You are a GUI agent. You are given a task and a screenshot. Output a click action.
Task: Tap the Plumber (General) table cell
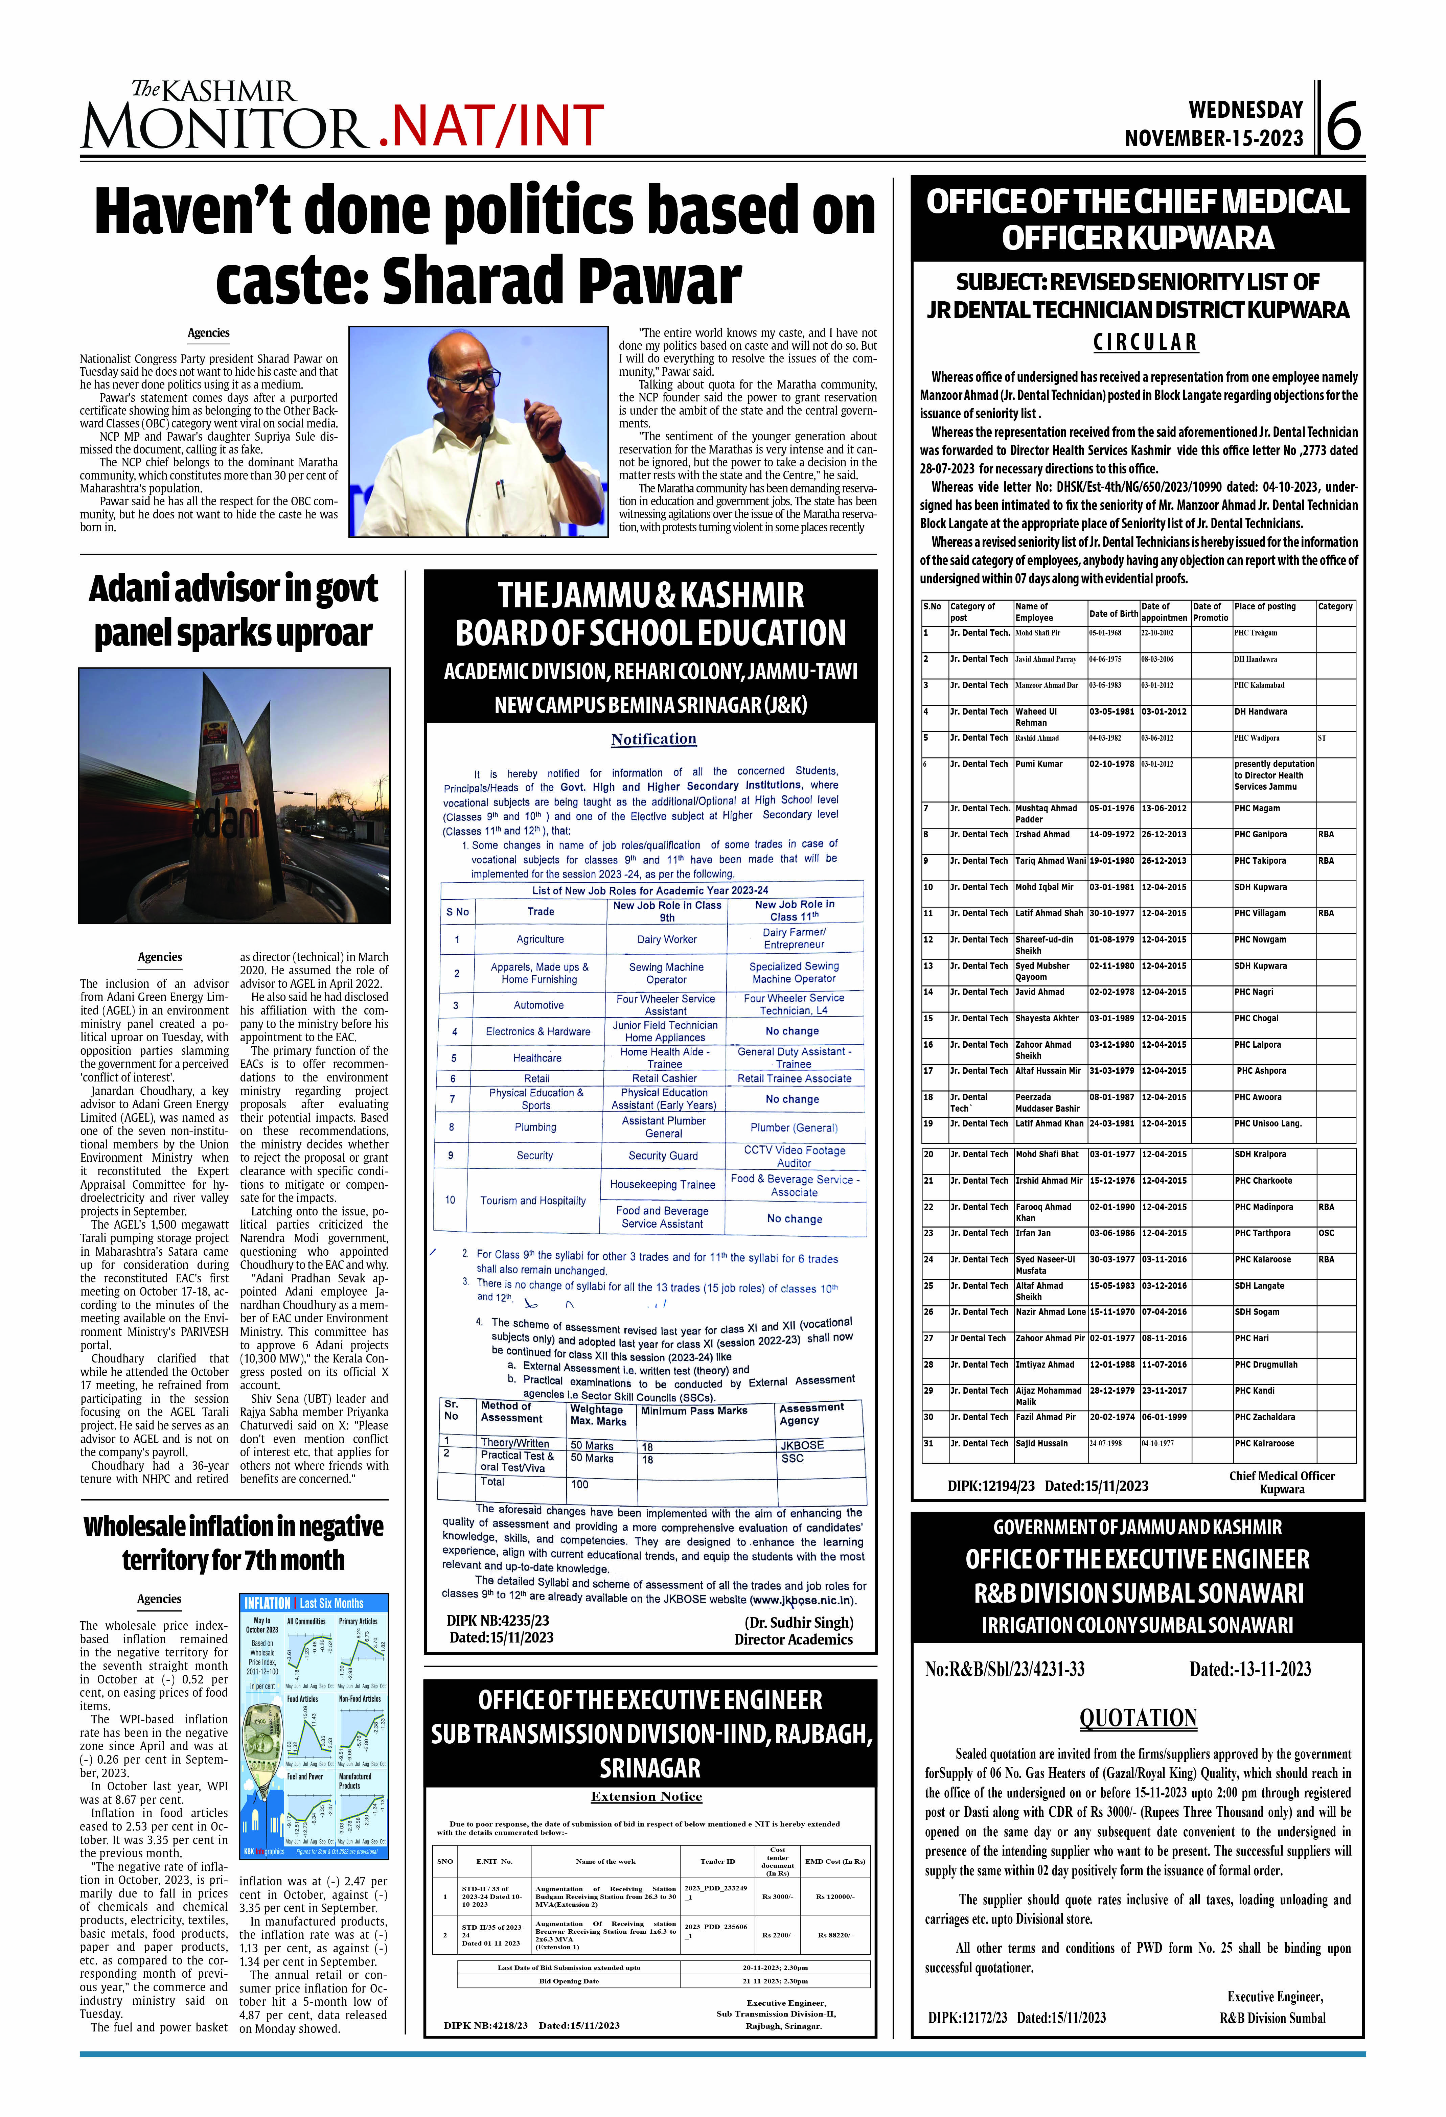(794, 1128)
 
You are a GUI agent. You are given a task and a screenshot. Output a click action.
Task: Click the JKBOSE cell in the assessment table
(802, 1445)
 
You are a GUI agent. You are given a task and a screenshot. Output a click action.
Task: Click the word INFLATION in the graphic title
(267, 1603)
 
